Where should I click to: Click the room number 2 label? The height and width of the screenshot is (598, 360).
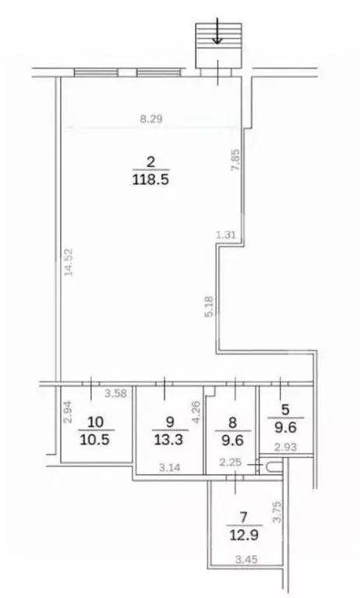[151, 162]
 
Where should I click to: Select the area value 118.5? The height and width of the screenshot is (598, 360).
[151, 179]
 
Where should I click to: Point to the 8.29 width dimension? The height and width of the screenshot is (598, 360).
[152, 119]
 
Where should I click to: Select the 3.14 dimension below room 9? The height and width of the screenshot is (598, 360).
[170, 468]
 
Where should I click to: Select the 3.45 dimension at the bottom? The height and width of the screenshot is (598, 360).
[248, 558]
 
